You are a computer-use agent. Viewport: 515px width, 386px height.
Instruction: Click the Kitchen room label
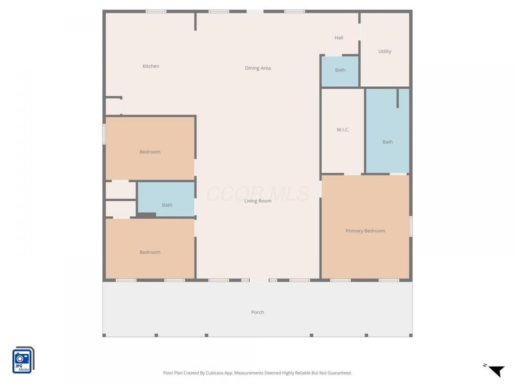(151, 66)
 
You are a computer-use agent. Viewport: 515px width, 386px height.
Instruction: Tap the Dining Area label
(258, 68)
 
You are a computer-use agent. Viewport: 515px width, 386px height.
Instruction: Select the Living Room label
(258, 201)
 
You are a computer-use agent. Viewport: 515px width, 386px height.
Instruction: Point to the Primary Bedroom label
(365, 231)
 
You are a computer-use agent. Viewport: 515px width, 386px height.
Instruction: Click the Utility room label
(385, 51)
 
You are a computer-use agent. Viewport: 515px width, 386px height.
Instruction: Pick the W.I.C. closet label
(342, 130)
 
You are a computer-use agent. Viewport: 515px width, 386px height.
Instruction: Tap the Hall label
(339, 38)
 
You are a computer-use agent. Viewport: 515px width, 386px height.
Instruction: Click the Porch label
(257, 312)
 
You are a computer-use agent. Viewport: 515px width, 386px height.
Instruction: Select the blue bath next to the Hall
(340, 71)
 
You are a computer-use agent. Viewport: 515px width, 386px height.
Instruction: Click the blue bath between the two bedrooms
(166, 199)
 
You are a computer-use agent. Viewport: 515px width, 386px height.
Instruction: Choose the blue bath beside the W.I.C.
(388, 131)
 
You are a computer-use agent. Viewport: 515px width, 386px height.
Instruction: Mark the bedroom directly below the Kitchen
(150, 149)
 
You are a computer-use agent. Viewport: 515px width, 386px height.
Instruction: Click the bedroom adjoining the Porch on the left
(150, 249)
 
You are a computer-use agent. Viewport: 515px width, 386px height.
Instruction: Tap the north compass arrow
(496, 371)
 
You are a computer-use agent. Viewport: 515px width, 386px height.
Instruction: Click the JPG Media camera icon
(23, 360)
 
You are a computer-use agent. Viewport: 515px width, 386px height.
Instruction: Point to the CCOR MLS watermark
(258, 194)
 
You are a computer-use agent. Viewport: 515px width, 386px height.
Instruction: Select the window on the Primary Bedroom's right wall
(411, 226)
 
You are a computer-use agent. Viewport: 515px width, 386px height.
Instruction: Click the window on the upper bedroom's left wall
(104, 134)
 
